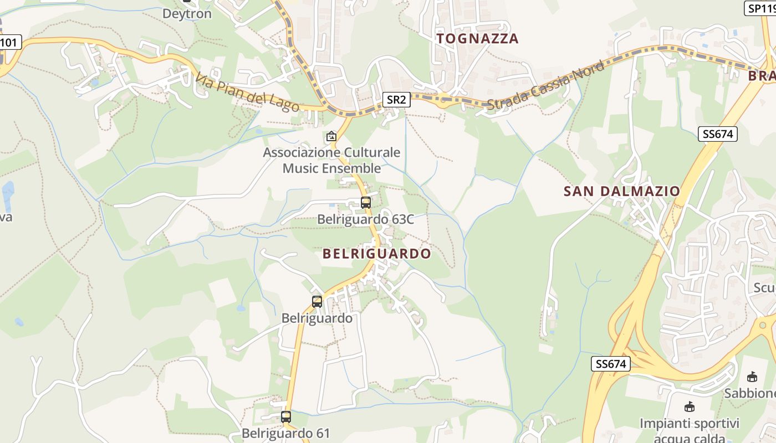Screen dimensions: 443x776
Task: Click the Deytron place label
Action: click(x=187, y=13)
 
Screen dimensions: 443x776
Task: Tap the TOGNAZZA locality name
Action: click(x=477, y=38)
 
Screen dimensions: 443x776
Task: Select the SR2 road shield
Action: click(x=396, y=100)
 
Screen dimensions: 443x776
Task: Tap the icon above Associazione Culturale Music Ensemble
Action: click(x=331, y=136)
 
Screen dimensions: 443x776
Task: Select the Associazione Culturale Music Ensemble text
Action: click(x=331, y=160)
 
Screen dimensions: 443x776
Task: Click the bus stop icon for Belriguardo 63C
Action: click(x=365, y=203)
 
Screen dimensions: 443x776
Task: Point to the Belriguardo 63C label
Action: click(x=365, y=219)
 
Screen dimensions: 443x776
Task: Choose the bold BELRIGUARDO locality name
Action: click(x=376, y=254)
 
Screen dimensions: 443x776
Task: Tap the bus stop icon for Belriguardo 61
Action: click(x=286, y=417)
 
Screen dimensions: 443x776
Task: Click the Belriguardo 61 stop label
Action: click(x=286, y=433)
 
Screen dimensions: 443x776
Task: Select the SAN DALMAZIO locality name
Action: click(x=621, y=191)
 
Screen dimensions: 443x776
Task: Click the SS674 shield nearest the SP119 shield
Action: click(x=718, y=133)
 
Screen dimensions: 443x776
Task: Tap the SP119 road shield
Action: click(x=760, y=8)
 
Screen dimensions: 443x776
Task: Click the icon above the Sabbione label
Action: click(x=752, y=377)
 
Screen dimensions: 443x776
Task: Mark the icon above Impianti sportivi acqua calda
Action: click(x=690, y=407)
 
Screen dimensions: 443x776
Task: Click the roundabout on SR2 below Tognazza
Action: click(x=443, y=101)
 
